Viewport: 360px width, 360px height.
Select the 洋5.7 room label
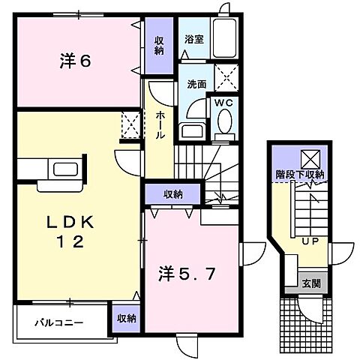pyautogui.click(x=190, y=274)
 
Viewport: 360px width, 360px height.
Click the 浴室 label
pyautogui.click(x=193, y=40)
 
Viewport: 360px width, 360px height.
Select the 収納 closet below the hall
pyautogui.click(x=172, y=194)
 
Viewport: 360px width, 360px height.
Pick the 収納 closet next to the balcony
pyautogui.click(x=126, y=318)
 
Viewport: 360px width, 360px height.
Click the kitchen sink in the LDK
pyautogui.click(x=62, y=169)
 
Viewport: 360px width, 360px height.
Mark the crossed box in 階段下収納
pyautogui.click(x=310, y=157)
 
